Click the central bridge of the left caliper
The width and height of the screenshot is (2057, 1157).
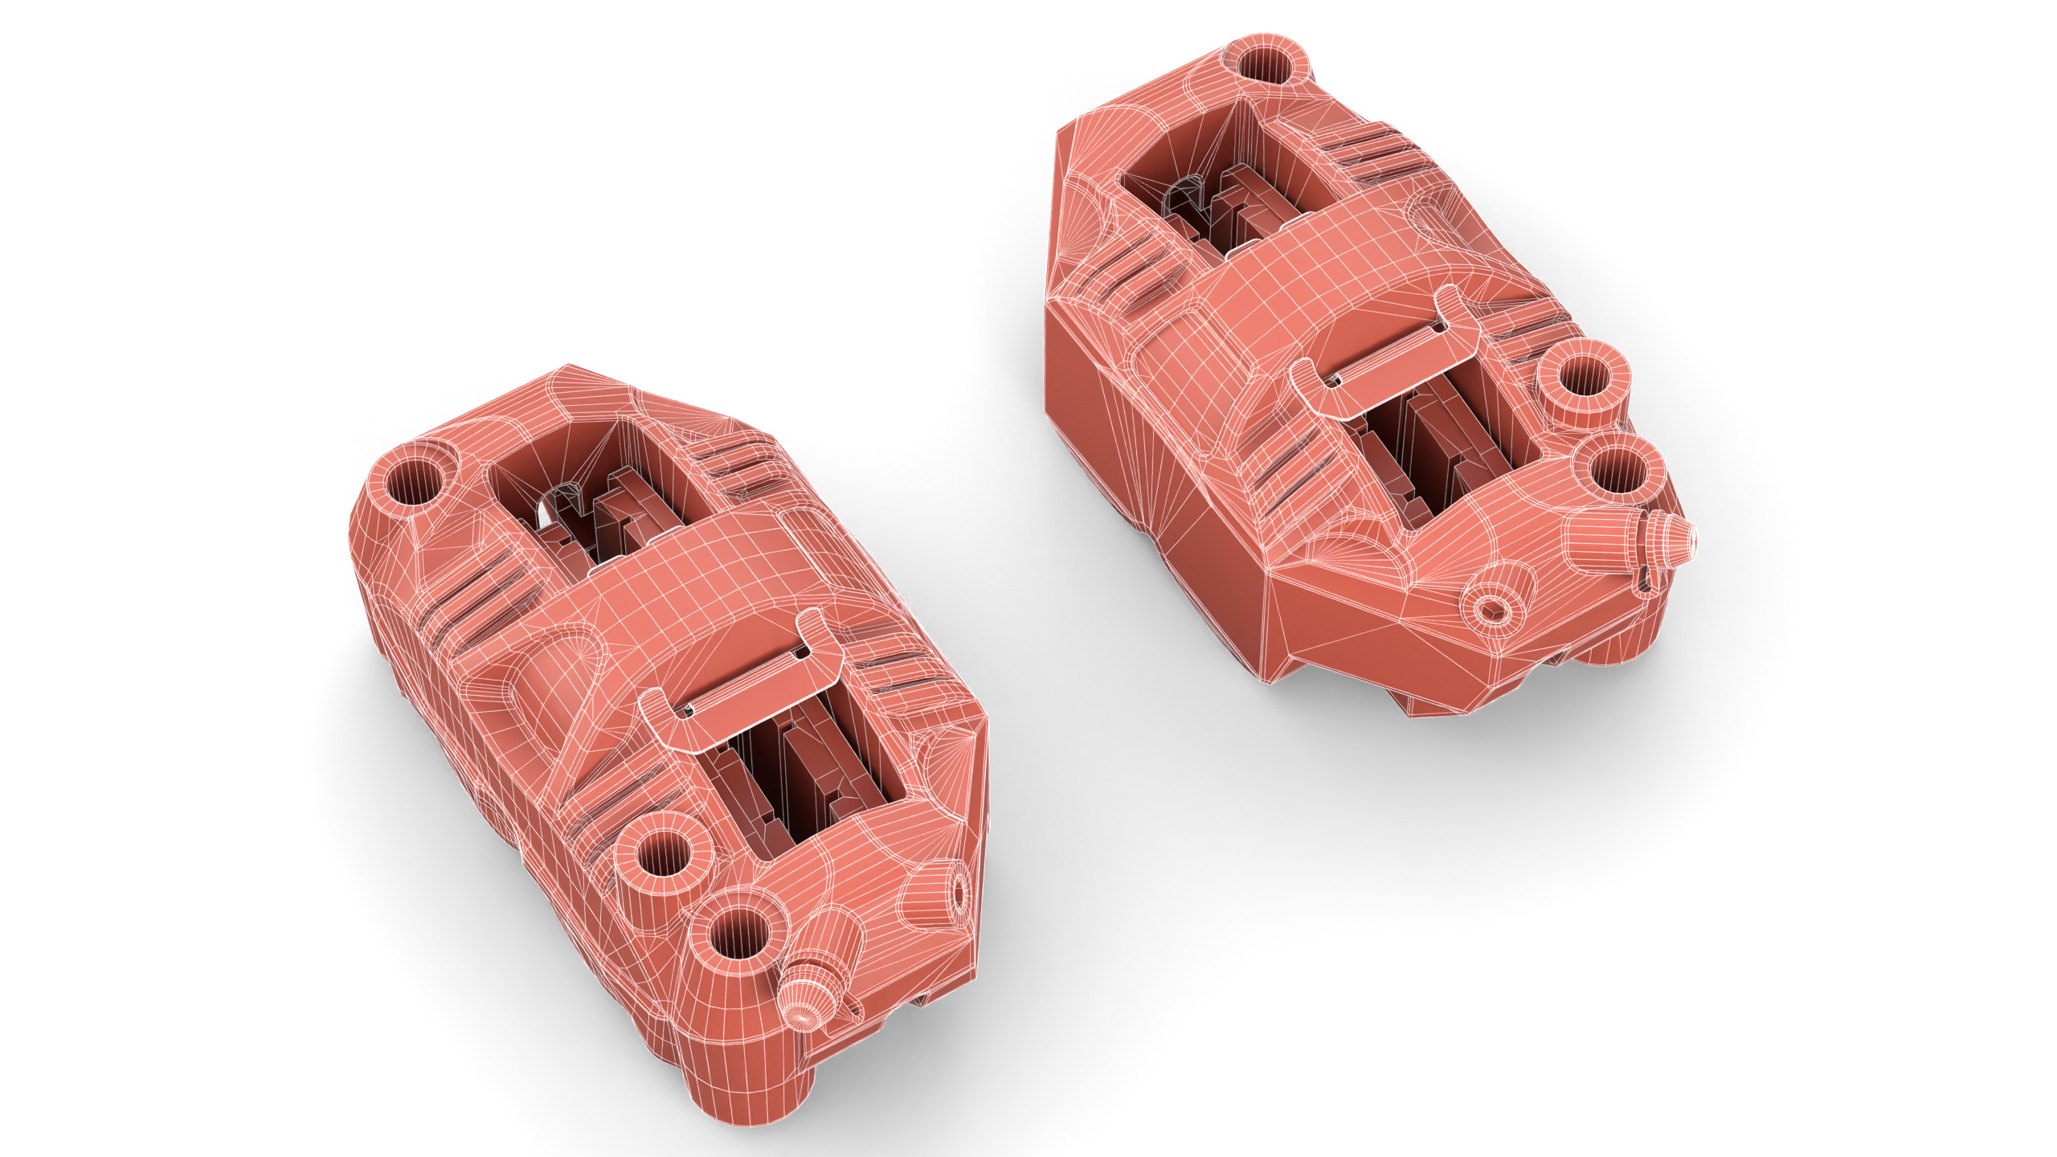[x=683, y=578]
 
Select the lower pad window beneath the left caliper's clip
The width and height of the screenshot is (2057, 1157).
[x=812, y=771]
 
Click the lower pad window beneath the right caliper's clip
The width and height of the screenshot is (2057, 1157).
[x=1446, y=450]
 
